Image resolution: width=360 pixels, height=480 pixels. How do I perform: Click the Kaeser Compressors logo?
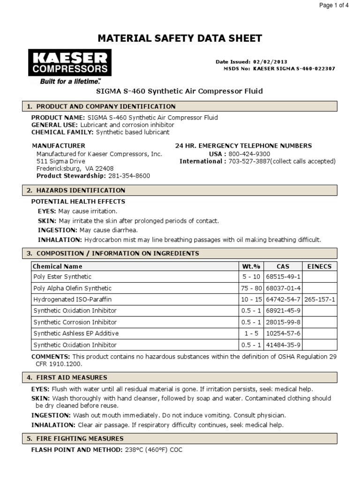click(x=70, y=66)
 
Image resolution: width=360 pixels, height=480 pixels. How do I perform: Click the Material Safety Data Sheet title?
click(x=180, y=38)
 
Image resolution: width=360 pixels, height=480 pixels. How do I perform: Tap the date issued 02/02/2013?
click(x=270, y=61)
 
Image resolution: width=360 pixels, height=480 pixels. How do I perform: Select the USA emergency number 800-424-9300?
click(x=249, y=154)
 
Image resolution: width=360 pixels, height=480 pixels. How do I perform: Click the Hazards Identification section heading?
click(x=81, y=190)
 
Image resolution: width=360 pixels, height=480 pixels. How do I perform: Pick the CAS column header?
click(x=283, y=266)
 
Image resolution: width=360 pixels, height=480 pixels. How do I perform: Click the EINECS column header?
click(x=320, y=266)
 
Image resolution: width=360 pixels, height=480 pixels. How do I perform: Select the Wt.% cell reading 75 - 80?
click(x=248, y=288)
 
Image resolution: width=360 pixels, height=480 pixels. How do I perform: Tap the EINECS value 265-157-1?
click(x=320, y=300)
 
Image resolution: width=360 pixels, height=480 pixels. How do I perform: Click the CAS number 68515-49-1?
click(x=283, y=277)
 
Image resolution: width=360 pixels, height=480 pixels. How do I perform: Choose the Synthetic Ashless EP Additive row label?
click(x=75, y=333)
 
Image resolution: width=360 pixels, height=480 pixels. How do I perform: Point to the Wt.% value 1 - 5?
click(x=248, y=333)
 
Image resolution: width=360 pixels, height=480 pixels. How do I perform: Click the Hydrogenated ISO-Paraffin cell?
click(x=73, y=300)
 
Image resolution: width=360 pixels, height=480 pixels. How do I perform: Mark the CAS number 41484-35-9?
click(x=283, y=345)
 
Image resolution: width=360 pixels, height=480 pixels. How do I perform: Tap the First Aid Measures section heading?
click(x=72, y=377)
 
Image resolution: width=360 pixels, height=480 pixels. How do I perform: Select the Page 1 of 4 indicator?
click(x=333, y=6)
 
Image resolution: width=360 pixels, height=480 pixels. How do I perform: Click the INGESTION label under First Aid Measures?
click(x=51, y=415)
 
